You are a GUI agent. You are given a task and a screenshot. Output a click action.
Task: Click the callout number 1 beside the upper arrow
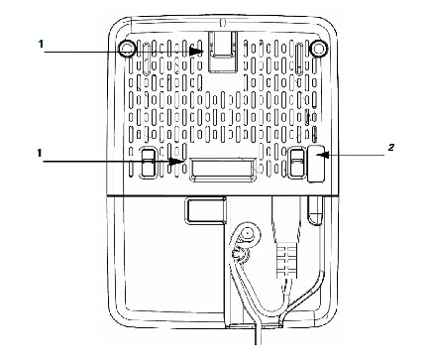click(42, 44)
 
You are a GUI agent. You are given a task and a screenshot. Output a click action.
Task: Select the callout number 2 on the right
click(391, 148)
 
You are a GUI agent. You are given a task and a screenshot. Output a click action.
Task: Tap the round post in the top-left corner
click(125, 48)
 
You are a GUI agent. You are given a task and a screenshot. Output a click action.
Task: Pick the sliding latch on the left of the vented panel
click(147, 164)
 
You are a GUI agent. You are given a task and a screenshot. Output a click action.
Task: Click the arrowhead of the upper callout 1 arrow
click(202, 51)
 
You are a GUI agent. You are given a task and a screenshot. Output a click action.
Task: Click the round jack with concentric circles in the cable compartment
click(245, 237)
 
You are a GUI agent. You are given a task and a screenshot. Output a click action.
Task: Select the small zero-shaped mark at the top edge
click(221, 22)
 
